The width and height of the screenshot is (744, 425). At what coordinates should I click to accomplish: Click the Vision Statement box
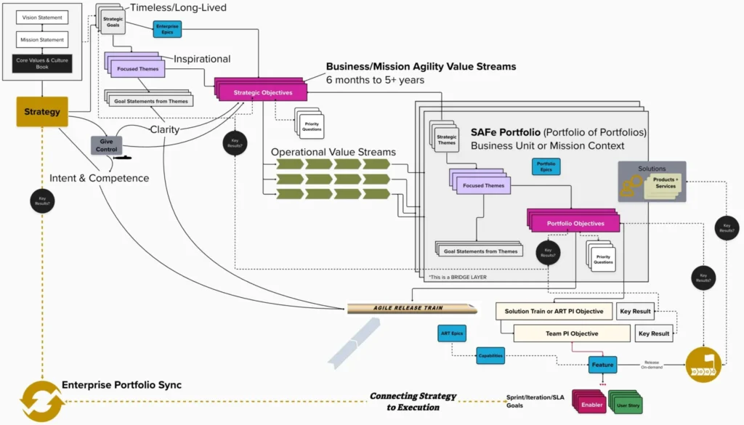click(x=41, y=17)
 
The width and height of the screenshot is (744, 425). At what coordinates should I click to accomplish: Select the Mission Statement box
click(x=41, y=40)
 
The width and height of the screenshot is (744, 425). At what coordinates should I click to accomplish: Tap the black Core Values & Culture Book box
click(x=41, y=64)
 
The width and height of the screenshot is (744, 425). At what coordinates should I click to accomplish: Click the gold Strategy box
click(x=41, y=112)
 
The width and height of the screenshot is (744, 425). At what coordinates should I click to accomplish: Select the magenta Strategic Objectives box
click(x=262, y=93)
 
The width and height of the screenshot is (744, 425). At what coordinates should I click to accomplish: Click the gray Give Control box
click(x=106, y=145)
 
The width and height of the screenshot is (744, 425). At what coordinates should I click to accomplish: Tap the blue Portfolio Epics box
click(x=546, y=166)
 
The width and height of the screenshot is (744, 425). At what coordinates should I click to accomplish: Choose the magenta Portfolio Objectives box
click(x=575, y=223)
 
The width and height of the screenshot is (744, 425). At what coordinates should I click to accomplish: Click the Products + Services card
click(x=665, y=182)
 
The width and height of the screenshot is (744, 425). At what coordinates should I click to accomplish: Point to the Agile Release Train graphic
click(x=412, y=308)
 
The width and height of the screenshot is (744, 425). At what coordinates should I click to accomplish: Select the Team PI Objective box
click(x=572, y=333)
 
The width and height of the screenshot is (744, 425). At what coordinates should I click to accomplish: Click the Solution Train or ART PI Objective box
click(x=554, y=311)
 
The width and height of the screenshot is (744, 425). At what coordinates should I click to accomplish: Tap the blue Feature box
click(x=602, y=365)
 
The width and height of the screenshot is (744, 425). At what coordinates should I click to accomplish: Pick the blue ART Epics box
click(x=452, y=333)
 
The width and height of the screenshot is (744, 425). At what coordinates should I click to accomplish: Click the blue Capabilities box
click(x=490, y=356)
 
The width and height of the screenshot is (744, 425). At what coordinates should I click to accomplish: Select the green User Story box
click(x=627, y=405)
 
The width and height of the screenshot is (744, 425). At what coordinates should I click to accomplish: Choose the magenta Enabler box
click(x=591, y=404)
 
